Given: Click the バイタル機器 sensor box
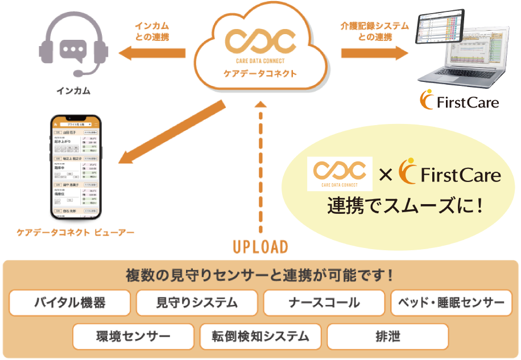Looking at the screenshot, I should [x=71, y=303].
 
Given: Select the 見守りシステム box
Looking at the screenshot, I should [x=197, y=303].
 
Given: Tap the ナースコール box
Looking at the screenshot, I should [x=324, y=303].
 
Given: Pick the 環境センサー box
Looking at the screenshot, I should [x=133, y=336].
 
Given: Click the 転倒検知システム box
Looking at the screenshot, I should [x=260, y=336].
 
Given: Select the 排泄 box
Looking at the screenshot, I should [x=387, y=336].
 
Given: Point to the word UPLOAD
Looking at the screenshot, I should [x=260, y=247].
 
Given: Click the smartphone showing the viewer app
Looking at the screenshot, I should [x=76, y=168].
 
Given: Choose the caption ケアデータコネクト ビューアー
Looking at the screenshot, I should [x=77, y=233].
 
